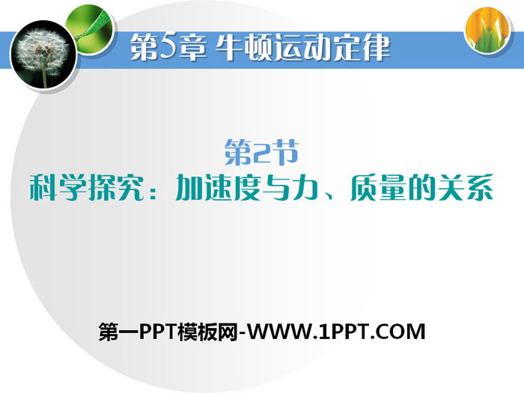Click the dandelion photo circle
click(x=43, y=55)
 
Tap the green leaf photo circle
click(x=90, y=28)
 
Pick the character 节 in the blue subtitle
click(x=284, y=153)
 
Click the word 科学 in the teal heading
click(x=58, y=188)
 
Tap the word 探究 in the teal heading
click(x=116, y=188)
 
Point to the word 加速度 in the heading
click(x=219, y=188)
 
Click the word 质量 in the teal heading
click(x=380, y=188)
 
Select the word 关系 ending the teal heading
click(x=465, y=188)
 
